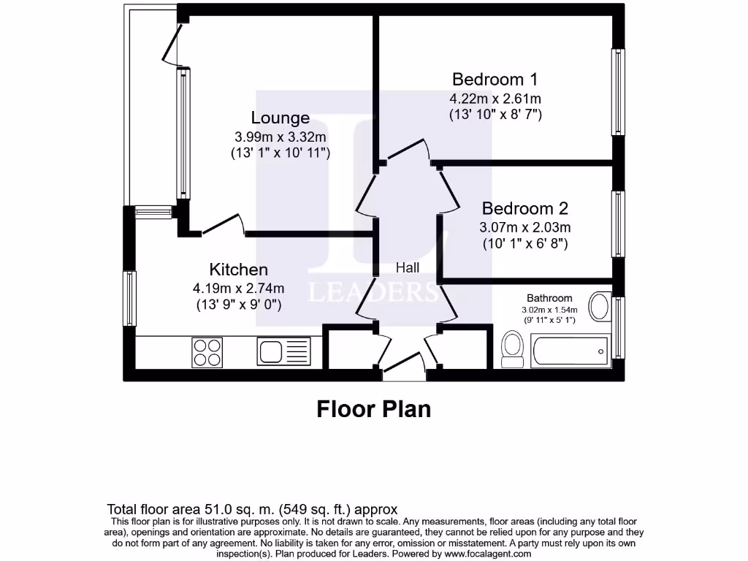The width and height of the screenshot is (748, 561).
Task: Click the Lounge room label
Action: tap(280, 118)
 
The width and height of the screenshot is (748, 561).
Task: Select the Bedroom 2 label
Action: tap(524, 209)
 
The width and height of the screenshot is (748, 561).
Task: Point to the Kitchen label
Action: tap(238, 270)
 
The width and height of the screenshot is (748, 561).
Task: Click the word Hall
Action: tap(408, 268)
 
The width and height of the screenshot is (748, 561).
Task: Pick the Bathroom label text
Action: tap(549, 298)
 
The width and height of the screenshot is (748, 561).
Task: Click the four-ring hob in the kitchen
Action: tap(207, 352)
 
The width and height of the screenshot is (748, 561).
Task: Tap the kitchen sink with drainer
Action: tap(283, 351)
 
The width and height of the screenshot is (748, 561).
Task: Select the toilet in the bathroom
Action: tap(512, 347)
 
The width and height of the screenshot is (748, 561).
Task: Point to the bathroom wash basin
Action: tap(600, 307)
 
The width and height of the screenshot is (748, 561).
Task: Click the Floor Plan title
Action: tap(373, 409)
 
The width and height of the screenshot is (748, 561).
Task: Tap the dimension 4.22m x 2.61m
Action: tap(495, 99)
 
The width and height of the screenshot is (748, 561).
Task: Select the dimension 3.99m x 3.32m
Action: tap(280, 137)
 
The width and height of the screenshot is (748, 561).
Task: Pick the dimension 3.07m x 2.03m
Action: tap(525, 227)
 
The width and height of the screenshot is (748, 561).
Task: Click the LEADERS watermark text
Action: tap(373, 292)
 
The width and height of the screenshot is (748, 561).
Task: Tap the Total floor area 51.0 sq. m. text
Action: tap(252, 509)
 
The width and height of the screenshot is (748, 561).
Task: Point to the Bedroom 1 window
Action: tap(619, 92)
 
